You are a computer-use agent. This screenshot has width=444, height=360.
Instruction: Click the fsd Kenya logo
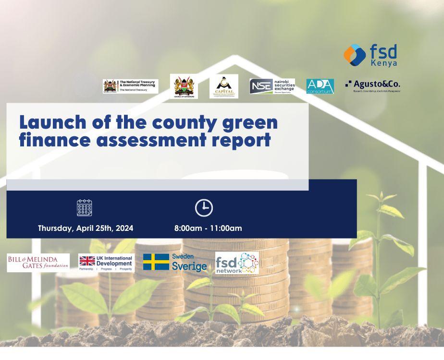click(x=370, y=55)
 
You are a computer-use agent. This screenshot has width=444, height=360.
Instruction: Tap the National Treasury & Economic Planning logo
click(x=130, y=86)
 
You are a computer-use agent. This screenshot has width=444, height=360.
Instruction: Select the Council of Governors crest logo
click(x=184, y=86)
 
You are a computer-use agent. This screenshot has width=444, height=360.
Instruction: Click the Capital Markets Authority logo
click(x=224, y=86)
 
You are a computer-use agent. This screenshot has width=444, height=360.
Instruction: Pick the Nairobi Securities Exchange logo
click(x=272, y=86)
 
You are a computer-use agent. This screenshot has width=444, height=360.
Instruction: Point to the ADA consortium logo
click(x=320, y=86)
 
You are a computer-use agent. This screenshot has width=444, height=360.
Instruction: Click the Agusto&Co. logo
click(x=373, y=85)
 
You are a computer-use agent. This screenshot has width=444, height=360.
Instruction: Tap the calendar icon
click(x=85, y=208)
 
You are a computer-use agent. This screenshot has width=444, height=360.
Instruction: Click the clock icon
click(x=204, y=208)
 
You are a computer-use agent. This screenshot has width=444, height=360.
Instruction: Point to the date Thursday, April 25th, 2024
click(x=86, y=228)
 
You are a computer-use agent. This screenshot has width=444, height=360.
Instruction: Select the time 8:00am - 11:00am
click(x=208, y=228)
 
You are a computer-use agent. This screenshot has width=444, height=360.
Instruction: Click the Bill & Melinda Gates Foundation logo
click(x=38, y=262)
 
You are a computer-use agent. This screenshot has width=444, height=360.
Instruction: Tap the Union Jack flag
click(x=87, y=261)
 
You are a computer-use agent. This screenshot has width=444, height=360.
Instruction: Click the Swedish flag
click(x=156, y=262)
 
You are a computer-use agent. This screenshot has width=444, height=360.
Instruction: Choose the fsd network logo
click(x=237, y=263)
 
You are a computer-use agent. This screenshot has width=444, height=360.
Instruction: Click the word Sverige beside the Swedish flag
click(x=189, y=267)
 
